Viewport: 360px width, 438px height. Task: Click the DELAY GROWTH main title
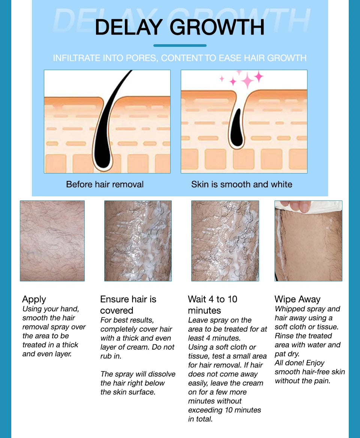click(x=180, y=27)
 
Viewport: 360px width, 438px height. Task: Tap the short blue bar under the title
click(x=180, y=46)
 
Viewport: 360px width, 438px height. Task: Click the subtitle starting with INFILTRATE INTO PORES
click(x=180, y=58)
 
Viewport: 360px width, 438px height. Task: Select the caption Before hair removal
click(x=105, y=184)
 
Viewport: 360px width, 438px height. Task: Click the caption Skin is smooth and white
click(x=241, y=184)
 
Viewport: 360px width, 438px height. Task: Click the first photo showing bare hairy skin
click(x=52, y=241)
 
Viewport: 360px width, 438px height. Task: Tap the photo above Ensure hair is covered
click(x=138, y=241)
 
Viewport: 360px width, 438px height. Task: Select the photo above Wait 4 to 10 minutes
click(x=225, y=241)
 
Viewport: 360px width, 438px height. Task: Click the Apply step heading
click(x=34, y=299)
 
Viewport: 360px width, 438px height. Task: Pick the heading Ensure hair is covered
click(x=128, y=305)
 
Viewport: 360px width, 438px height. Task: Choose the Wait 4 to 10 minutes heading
click(x=212, y=305)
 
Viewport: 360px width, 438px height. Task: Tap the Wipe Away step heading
click(x=297, y=299)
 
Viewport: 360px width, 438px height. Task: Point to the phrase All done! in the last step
click(x=289, y=363)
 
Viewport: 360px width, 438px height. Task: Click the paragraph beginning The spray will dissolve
click(x=138, y=383)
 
